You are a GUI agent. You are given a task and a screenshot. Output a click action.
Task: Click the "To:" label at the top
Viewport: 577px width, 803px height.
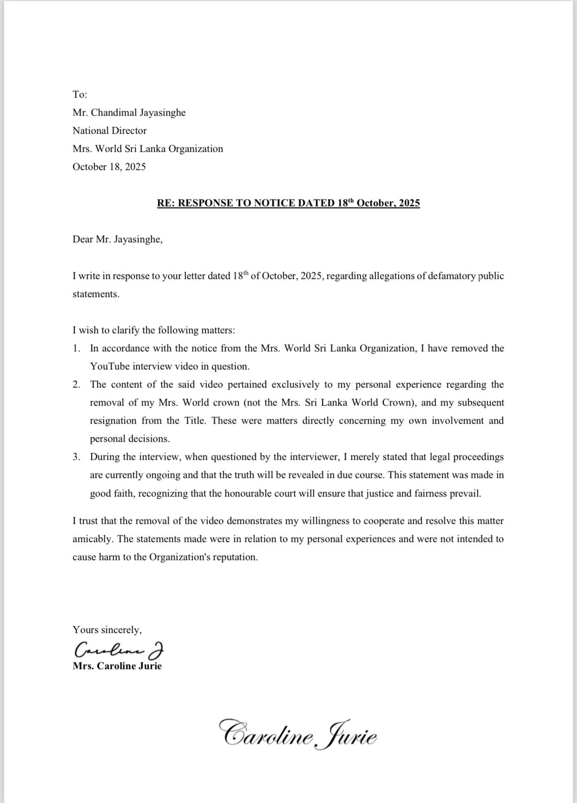tap(80, 95)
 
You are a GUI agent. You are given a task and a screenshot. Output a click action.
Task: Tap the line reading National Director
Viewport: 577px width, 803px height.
tap(110, 131)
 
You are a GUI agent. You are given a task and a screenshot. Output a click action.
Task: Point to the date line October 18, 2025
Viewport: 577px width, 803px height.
tap(109, 167)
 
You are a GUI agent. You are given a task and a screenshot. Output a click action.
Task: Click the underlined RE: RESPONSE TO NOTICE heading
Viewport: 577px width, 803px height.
tap(288, 203)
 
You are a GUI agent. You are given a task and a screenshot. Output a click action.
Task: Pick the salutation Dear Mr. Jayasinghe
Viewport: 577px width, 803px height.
tap(118, 240)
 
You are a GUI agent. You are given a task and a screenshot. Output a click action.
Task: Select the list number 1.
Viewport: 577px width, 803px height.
tap(76, 348)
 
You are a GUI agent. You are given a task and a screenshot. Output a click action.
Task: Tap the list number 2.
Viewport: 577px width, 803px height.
tap(76, 385)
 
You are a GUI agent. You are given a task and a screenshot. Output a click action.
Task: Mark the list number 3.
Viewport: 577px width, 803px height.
tap(76, 457)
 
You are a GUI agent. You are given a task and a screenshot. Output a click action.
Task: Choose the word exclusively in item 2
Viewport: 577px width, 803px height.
tap(295, 385)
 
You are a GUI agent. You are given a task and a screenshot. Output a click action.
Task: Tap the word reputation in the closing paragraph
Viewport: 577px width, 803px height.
tap(234, 557)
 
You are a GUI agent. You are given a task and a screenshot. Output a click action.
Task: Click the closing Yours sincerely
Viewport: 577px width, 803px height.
tap(107, 630)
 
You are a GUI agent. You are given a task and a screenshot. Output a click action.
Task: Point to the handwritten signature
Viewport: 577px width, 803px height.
tap(119, 649)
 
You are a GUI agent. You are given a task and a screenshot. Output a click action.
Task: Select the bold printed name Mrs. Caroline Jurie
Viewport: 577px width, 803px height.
tap(117, 666)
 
